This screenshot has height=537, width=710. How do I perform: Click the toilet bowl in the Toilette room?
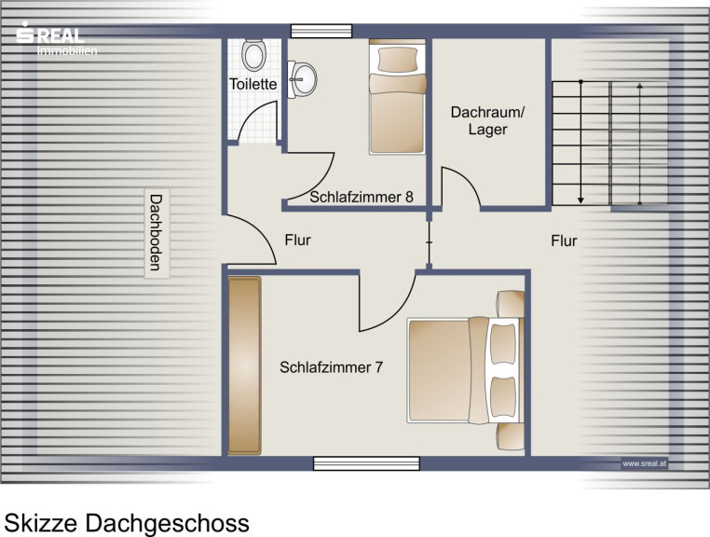[253, 55]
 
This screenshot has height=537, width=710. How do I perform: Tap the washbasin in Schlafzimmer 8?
[302, 79]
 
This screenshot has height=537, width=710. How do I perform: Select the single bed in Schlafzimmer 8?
[398, 97]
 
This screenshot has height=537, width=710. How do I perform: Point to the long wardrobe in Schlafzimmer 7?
[244, 365]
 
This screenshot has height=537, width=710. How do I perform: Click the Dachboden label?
[157, 233]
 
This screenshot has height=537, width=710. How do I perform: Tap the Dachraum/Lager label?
[487, 120]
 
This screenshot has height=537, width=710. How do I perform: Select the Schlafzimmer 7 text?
[331, 367]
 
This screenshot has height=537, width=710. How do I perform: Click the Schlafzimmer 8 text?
[362, 197]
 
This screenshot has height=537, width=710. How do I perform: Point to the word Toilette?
[253, 84]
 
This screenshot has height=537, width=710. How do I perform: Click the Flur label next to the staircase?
[565, 241]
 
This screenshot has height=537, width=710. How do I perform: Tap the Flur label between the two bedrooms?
[297, 240]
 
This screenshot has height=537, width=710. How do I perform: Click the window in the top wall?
[321, 31]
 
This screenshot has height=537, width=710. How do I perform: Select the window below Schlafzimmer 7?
[366, 463]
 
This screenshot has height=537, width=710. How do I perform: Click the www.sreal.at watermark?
[644, 463]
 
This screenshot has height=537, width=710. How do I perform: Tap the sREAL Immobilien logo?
[56, 39]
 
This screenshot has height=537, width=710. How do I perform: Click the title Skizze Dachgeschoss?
[127, 523]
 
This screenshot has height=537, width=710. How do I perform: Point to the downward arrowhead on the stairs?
[580, 200]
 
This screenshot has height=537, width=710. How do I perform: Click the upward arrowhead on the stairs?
[640, 86]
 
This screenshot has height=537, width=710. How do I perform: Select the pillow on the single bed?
[398, 60]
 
